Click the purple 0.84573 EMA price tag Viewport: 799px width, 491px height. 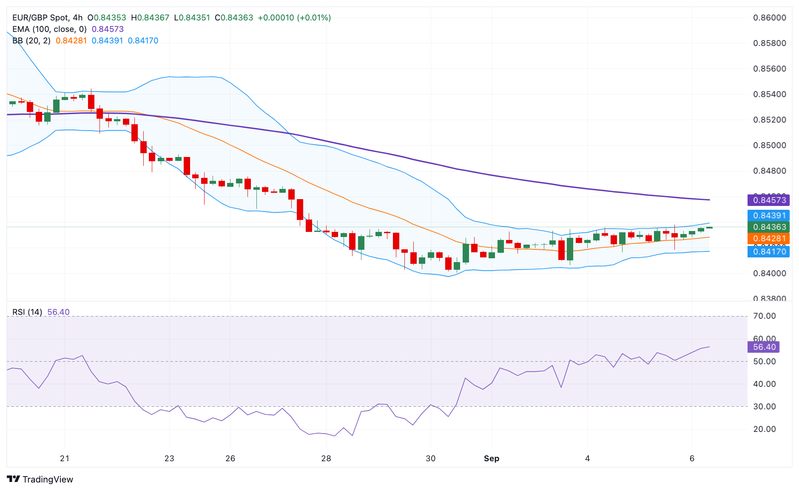coord(768,200)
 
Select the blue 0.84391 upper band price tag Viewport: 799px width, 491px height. coord(768,215)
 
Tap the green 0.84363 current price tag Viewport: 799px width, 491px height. coord(768,227)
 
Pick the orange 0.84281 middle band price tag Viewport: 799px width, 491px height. coord(768,238)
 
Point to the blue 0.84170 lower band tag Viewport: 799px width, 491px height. coord(768,251)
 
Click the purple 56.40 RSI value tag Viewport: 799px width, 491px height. coord(764,347)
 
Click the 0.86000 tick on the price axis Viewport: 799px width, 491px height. coord(769,17)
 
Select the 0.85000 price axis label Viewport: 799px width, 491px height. coord(769,145)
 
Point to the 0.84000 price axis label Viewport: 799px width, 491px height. coord(769,273)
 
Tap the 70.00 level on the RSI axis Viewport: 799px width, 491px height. coord(764,316)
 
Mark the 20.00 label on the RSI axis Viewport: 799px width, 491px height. coord(764,429)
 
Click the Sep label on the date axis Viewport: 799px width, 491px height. coord(492,458)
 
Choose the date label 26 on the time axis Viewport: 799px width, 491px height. coord(230,458)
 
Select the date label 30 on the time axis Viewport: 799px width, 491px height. coord(431,458)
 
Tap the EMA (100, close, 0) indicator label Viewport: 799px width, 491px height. coord(49,29)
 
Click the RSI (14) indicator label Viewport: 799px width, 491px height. coord(27,312)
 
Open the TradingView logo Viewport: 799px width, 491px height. coord(40,479)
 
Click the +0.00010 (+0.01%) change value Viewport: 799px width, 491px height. coord(294,17)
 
